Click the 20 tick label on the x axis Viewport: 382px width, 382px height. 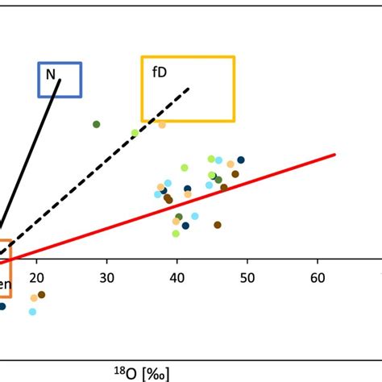(36, 278)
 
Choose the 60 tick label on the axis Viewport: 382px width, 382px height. (317, 278)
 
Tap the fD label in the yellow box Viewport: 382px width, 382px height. (160, 72)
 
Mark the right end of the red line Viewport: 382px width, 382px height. (333, 155)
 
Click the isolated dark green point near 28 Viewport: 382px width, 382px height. (96, 124)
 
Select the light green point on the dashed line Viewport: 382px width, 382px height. (135, 133)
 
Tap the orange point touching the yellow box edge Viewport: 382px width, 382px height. (162, 124)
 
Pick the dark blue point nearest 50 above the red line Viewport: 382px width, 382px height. (240, 160)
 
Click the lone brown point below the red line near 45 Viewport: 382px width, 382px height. (218, 225)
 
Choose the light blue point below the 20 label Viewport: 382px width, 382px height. (33, 311)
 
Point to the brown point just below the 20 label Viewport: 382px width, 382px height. (41, 295)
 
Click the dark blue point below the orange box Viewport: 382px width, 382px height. (2, 306)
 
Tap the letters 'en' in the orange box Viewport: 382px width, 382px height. (5, 284)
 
